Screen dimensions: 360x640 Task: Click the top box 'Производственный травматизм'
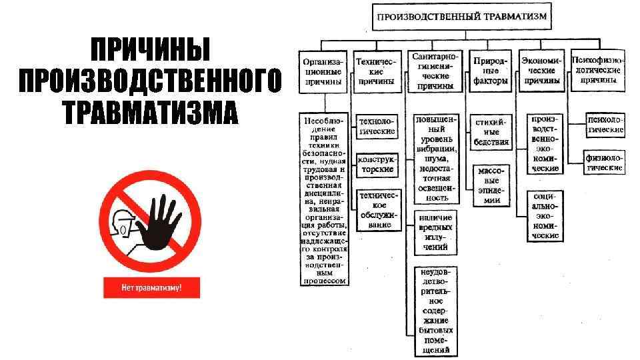click(461, 15)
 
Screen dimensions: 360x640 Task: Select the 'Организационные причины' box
click(323, 72)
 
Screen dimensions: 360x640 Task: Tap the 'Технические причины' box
click(377, 71)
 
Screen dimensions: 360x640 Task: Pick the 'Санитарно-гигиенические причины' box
click(433, 71)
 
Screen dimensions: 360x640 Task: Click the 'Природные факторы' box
click(491, 71)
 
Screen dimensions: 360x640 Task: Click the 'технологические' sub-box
click(377, 126)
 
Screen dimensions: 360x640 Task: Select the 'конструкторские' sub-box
click(377, 165)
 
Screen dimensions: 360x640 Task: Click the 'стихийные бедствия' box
click(491, 131)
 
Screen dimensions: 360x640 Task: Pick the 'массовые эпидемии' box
click(491, 185)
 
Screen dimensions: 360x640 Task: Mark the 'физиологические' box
click(605, 163)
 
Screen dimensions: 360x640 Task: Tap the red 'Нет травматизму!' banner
click(151, 288)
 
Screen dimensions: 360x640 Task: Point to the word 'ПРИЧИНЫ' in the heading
click(151, 51)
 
